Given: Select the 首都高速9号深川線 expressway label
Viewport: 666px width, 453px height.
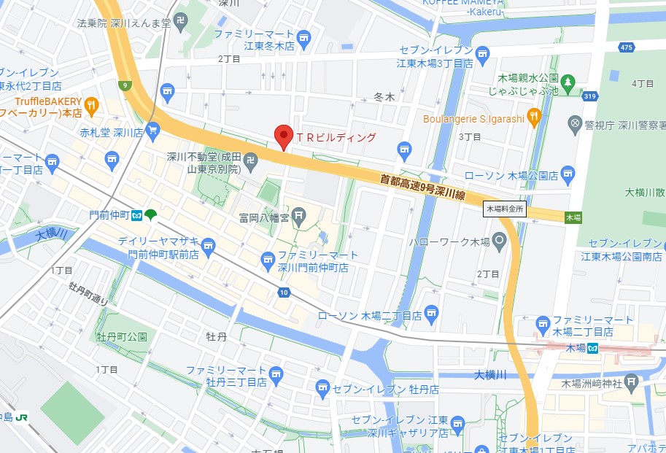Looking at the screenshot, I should click(x=423, y=187).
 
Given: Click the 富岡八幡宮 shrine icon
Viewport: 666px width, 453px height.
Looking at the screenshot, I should click(x=299, y=215).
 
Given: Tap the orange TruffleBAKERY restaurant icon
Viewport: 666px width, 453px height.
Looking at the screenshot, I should click(x=91, y=105).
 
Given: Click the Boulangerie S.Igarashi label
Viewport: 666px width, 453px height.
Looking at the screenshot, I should click(x=473, y=118).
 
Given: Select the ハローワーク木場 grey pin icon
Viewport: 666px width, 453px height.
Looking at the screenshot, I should click(x=500, y=240).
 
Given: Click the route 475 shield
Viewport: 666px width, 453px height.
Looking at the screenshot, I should click(x=625, y=47).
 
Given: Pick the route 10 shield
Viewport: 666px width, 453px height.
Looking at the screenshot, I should click(x=284, y=292).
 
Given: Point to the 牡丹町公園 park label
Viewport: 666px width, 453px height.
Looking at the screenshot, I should click(x=122, y=337).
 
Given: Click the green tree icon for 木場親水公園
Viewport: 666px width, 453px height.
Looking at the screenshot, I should click(x=569, y=82).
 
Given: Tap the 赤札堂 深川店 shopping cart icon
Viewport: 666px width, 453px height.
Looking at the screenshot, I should click(x=152, y=131).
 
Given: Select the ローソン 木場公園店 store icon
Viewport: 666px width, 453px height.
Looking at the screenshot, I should click(x=569, y=175).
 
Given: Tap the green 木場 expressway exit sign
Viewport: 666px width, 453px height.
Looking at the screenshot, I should click(x=573, y=217).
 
